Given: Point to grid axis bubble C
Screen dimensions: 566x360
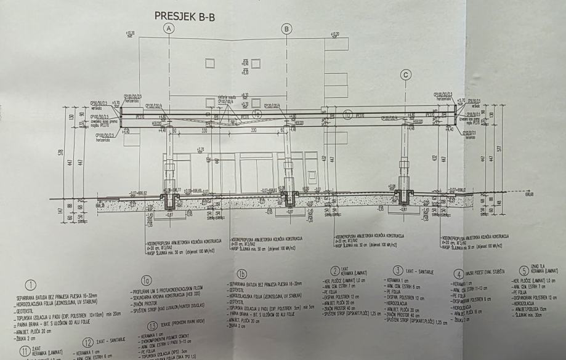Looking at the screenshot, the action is click(405, 74).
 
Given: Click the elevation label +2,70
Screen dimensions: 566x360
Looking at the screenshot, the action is click(199, 149).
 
